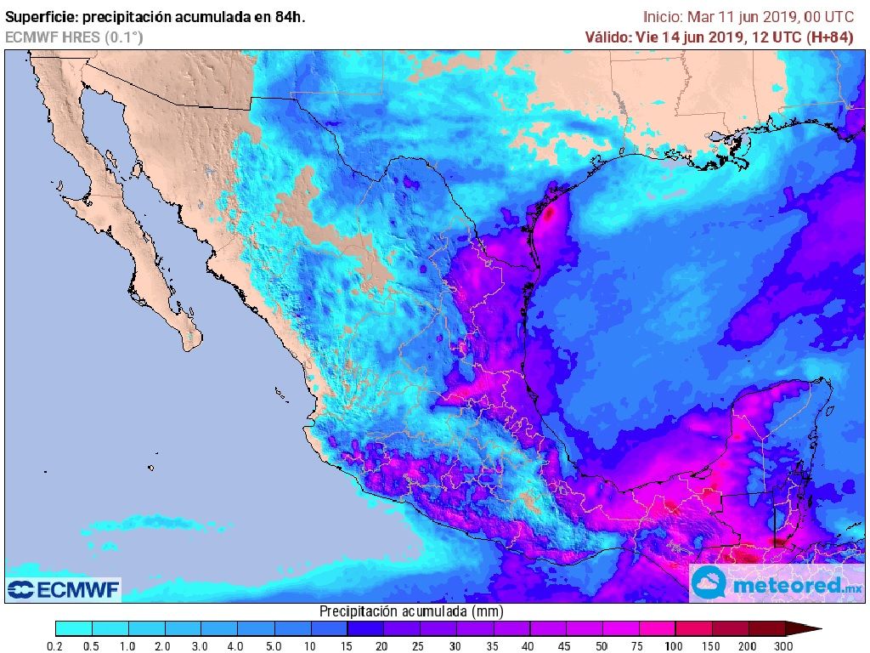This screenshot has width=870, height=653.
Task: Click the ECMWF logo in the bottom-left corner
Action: pyautogui.click(x=64, y=589)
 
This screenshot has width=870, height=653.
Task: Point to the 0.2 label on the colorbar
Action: pyautogui.click(x=55, y=646)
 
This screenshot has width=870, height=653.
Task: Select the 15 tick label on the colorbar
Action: pyautogui.click(x=347, y=646)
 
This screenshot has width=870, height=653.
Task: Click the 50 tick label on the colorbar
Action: pyautogui.click(x=602, y=646)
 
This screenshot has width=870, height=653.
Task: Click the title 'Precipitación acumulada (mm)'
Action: pyautogui.click(x=411, y=611)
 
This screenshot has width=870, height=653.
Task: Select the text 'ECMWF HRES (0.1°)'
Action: pyautogui.click(x=74, y=37)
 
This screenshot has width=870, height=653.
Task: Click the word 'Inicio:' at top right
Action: pyautogui.click(x=664, y=16)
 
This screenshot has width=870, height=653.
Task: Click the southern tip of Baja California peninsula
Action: pyautogui.click(x=189, y=348)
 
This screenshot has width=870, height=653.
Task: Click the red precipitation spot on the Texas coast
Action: pyautogui.click(x=549, y=213)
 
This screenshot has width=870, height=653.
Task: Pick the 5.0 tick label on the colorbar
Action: pyautogui.click(x=274, y=646)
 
